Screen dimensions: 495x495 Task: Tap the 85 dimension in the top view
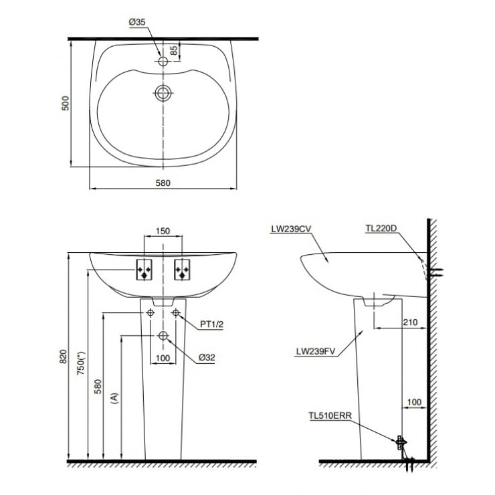tap(174, 50)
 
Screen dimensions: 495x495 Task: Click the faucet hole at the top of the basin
tap(162, 61)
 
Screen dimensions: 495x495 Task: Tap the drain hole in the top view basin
tap(162, 92)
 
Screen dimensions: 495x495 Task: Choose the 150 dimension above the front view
tap(163, 231)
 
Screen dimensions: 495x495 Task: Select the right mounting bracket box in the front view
tap(181, 270)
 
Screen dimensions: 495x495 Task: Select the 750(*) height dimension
tap(82, 365)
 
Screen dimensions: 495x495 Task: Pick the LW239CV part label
tap(292, 228)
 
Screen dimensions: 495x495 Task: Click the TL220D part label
tap(381, 228)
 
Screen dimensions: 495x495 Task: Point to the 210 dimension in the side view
tap(410, 322)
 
